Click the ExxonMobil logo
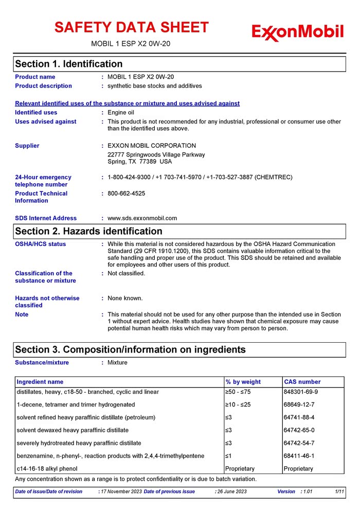pyautogui.click(x=297, y=32)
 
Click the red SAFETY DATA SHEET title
pyautogui.click(x=132, y=27)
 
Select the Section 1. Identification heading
pyautogui.click(x=69, y=64)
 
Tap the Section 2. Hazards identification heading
pyautogui.click(x=88, y=231)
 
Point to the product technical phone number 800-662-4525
pyautogui.click(x=126, y=194)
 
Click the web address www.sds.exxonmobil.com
pyautogui.click(x=142, y=218)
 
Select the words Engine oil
pyautogui.click(x=121, y=112)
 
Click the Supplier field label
pyautogui.click(x=27, y=146)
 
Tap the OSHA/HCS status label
pyautogui.click(x=41, y=244)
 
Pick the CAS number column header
pyautogui.click(x=302, y=382)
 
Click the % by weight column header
pyautogui.click(x=243, y=382)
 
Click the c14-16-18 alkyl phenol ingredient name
pyautogui.click(x=47, y=469)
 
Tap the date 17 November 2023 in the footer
pyautogui.click(x=121, y=492)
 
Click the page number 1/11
pyautogui.click(x=339, y=492)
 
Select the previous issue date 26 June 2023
pyautogui.click(x=232, y=492)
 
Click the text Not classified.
pyautogui.click(x=126, y=273)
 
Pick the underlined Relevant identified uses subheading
pyautogui.click(x=127, y=103)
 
